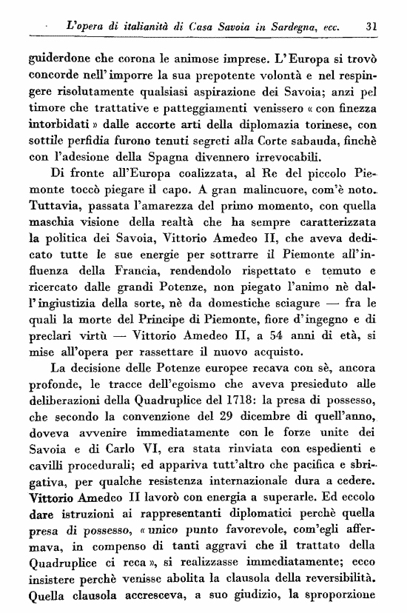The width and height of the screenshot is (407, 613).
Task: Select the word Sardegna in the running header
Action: [x=286, y=25]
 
